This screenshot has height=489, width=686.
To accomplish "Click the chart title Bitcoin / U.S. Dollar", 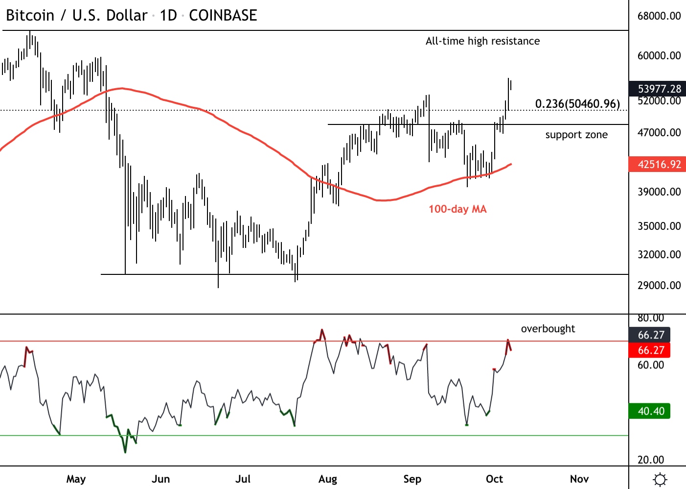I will pos(76,16).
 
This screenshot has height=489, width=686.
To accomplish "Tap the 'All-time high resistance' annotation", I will pos(482,41).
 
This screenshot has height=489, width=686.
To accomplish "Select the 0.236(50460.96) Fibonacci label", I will pos(577,104).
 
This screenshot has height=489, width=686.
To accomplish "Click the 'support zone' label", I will pos(576,135).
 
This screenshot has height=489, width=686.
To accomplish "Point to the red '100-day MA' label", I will pos(457,209).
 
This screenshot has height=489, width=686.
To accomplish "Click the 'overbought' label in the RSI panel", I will pos(548,329).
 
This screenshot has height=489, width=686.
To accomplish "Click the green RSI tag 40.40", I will pos(651,411).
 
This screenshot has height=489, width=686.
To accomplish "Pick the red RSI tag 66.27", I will pos(651,350).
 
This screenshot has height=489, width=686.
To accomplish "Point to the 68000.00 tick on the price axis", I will pos(659,16).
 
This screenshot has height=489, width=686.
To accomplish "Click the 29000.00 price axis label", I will pos(659,286).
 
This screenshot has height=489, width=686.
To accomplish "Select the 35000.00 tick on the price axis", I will pos(659,226).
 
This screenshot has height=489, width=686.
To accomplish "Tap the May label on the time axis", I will pos(76,479).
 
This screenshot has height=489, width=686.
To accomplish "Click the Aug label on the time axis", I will pos(327,479).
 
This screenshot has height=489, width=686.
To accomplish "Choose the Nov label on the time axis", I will pos(579,479).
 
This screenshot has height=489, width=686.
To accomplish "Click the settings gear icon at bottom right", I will pos(660,479).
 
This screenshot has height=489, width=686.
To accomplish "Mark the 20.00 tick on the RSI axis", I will pos(651,460).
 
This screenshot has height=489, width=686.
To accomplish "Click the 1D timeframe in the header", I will pos(168,16).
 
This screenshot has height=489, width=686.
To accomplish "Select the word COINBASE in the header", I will pos(223,16).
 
